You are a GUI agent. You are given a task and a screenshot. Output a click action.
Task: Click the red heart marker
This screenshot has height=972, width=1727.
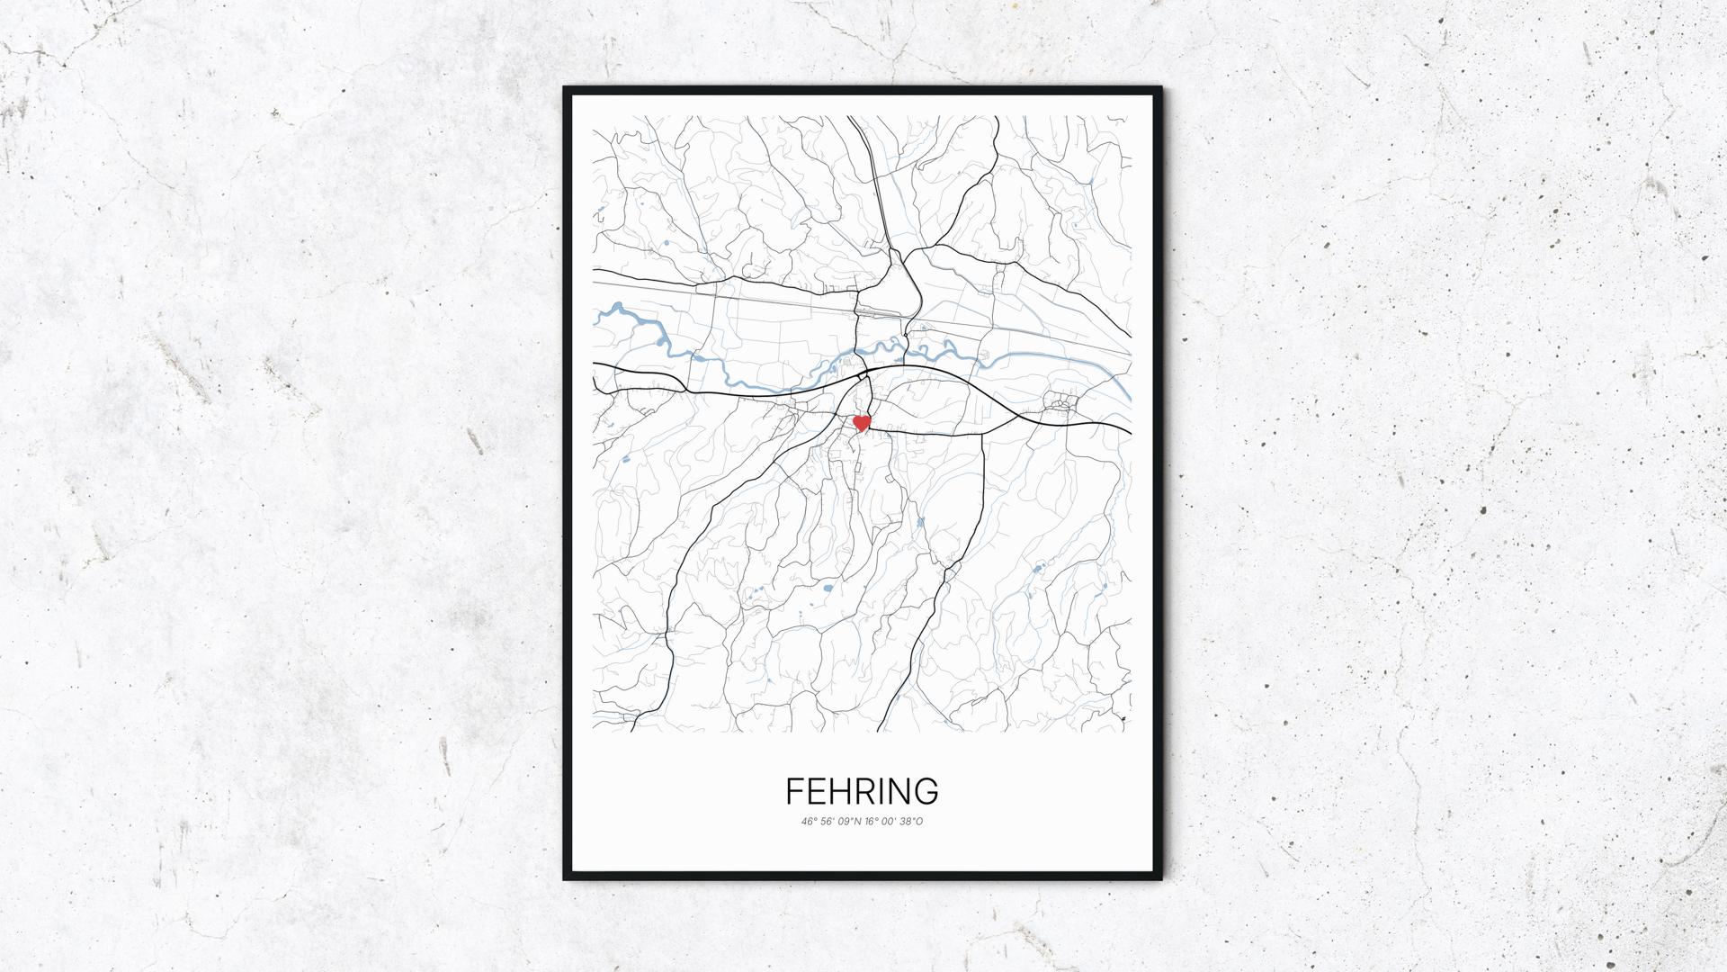[x=862, y=422]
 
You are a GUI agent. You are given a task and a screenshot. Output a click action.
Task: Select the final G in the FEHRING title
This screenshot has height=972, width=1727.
[x=926, y=791]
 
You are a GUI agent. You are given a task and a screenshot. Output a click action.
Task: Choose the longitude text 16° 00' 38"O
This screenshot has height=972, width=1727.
[x=894, y=821]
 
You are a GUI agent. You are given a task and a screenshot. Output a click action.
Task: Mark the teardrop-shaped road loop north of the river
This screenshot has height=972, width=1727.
[x=890, y=286]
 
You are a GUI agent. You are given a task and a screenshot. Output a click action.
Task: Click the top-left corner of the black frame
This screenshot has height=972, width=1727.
[x=566, y=89]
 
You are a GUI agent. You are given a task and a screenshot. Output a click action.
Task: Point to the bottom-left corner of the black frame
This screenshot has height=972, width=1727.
[x=566, y=878]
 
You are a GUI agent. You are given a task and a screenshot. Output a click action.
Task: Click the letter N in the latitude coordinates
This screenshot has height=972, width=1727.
[x=859, y=821]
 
